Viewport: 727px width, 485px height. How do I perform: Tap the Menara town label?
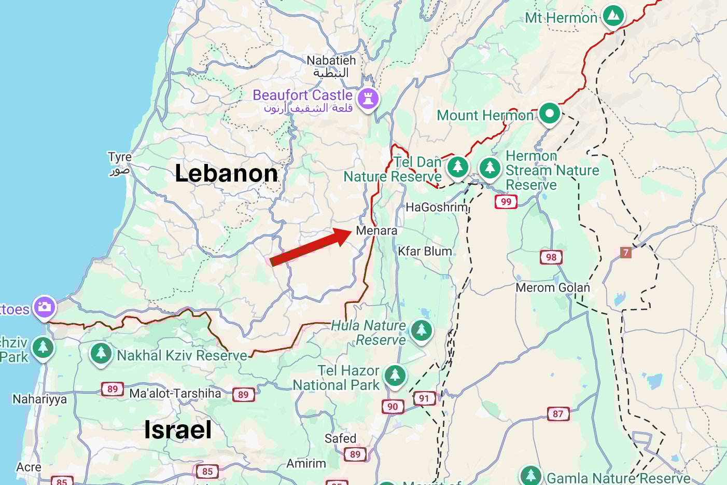tap(376, 231)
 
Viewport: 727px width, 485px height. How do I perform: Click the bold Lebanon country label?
tap(226, 173)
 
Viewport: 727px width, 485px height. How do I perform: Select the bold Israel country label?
tap(178, 430)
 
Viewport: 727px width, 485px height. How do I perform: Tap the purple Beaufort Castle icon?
tap(368, 99)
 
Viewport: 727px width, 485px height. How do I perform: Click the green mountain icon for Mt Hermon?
tap(613, 16)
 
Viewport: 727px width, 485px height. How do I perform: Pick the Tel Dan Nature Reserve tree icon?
tap(457, 167)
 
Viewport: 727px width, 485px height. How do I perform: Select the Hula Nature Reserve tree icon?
tap(421, 330)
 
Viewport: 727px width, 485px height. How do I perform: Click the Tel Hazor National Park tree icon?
tap(395, 375)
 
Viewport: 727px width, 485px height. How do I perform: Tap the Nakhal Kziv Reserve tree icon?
tap(101, 353)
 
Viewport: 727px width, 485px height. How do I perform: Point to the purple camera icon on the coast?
tap(45, 307)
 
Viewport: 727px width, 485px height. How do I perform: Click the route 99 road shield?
tap(506, 202)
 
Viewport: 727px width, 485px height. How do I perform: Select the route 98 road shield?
tap(551, 257)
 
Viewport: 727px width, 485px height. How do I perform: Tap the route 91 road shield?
tap(424, 398)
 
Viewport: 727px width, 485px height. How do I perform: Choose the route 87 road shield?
tap(558, 413)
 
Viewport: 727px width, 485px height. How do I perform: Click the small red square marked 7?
tap(626, 253)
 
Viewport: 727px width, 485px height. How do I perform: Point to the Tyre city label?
tap(120, 157)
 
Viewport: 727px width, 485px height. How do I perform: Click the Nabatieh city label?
tap(331, 61)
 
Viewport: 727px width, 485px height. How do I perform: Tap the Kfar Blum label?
tap(425, 252)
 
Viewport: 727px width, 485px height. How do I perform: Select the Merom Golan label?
tap(553, 287)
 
